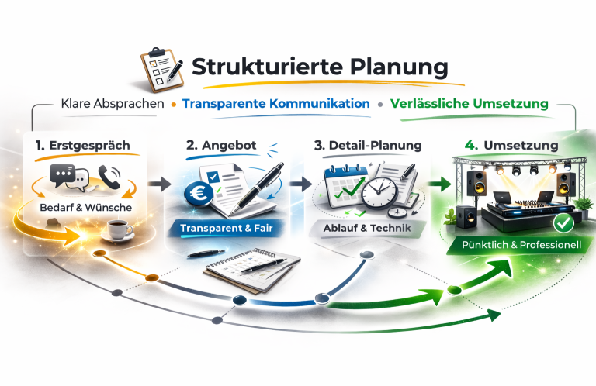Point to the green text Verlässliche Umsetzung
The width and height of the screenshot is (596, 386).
pos(470,103)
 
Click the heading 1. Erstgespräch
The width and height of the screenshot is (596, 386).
pos(82,145)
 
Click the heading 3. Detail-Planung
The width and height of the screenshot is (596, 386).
pos(368,145)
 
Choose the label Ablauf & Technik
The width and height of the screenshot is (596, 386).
pos(369,229)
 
